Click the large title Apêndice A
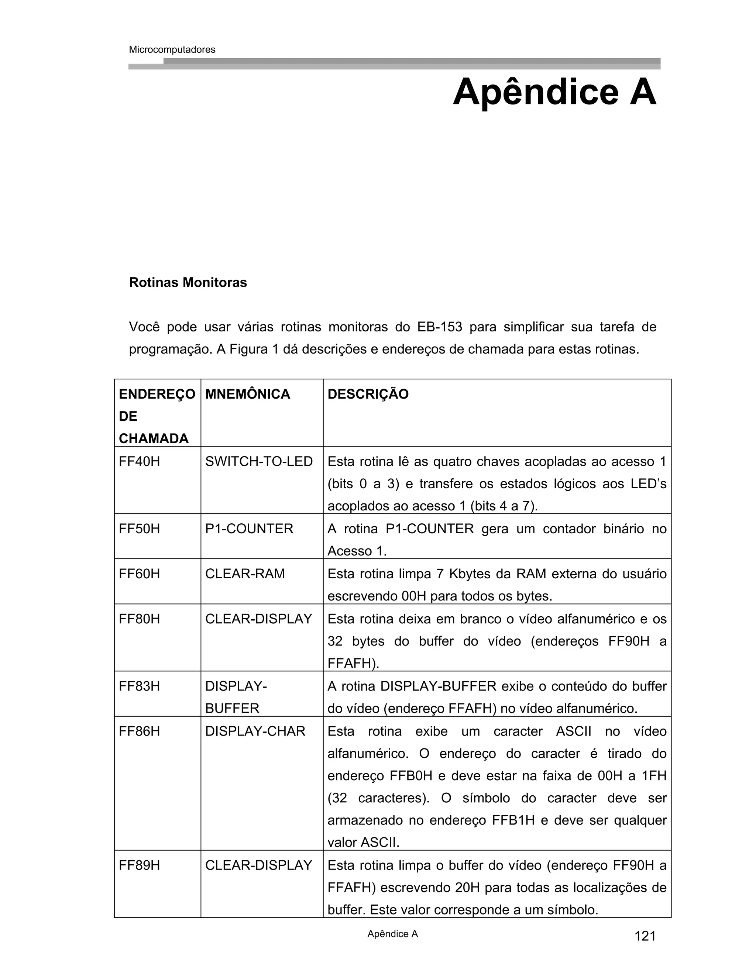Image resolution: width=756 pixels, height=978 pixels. pos(554,92)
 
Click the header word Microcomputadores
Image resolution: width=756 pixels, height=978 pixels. pos(172,50)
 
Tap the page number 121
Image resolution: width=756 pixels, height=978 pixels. pos(645,936)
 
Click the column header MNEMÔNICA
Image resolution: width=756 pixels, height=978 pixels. pos(247,394)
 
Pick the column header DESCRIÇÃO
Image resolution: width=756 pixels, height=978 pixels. pos(368,394)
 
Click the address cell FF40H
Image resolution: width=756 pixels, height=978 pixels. pos(139,461)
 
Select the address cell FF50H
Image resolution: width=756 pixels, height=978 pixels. pos(139,528)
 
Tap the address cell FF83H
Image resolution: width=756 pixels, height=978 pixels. pos(139,686)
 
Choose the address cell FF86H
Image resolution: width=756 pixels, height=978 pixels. pos(139,731)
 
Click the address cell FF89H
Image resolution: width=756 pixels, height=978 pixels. pos(139,865)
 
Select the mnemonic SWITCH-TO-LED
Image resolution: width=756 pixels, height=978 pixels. pos(259,461)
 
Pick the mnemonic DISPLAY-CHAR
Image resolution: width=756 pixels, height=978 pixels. pos(255,731)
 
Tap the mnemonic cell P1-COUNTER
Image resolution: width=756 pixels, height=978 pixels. pos(249,528)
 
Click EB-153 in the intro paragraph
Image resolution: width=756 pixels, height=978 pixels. pos(439,327)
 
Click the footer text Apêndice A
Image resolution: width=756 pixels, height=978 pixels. pos(392,934)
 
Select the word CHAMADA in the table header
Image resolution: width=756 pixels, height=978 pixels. pos(154,438)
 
